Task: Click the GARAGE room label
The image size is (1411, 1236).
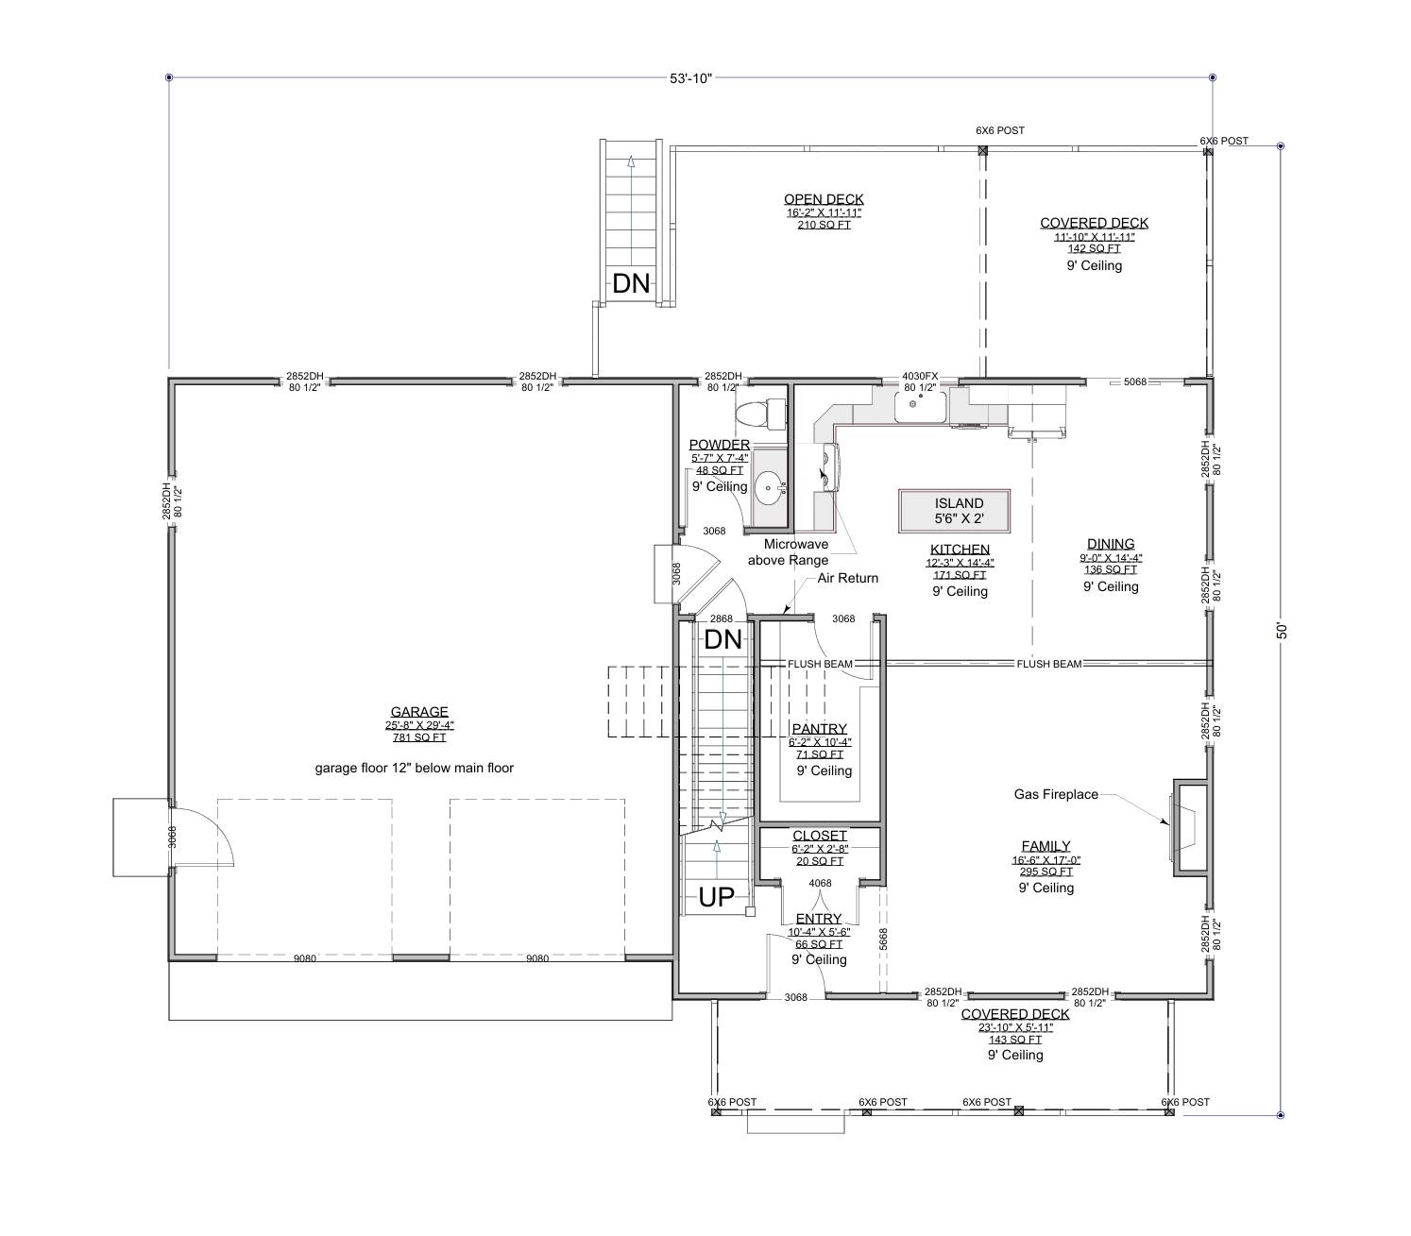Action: click(x=418, y=712)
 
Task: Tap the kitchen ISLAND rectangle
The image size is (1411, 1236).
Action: click(x=955, y=511)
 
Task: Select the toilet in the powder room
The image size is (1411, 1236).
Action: click(x=762, y=413)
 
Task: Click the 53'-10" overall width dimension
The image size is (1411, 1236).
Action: click(x=689, y=77)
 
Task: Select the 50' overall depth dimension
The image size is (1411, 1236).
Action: click(x=1282, y=631)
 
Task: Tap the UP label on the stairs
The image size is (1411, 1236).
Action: click(x=716, y=897)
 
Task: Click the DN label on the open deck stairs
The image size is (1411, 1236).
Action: click(x=631, y=282)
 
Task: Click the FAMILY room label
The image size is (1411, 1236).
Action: click(x=1045, y=846)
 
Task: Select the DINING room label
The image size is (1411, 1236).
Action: click(x=1111, y=544)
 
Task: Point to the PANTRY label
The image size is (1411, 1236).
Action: click(x=819, y=729)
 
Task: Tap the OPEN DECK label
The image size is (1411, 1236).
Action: click(x=824, y=199)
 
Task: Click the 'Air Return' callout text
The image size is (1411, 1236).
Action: click(x=847, y=578)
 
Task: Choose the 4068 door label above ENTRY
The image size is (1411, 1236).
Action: click(x=820, y=884)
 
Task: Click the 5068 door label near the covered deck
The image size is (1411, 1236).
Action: click(x=1134, y=381)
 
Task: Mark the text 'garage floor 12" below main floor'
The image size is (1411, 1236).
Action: click(x=414, y=768)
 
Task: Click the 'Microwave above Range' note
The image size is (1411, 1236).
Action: click(x=788, y=552)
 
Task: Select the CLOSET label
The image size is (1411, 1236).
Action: click(x=819, y=836)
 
